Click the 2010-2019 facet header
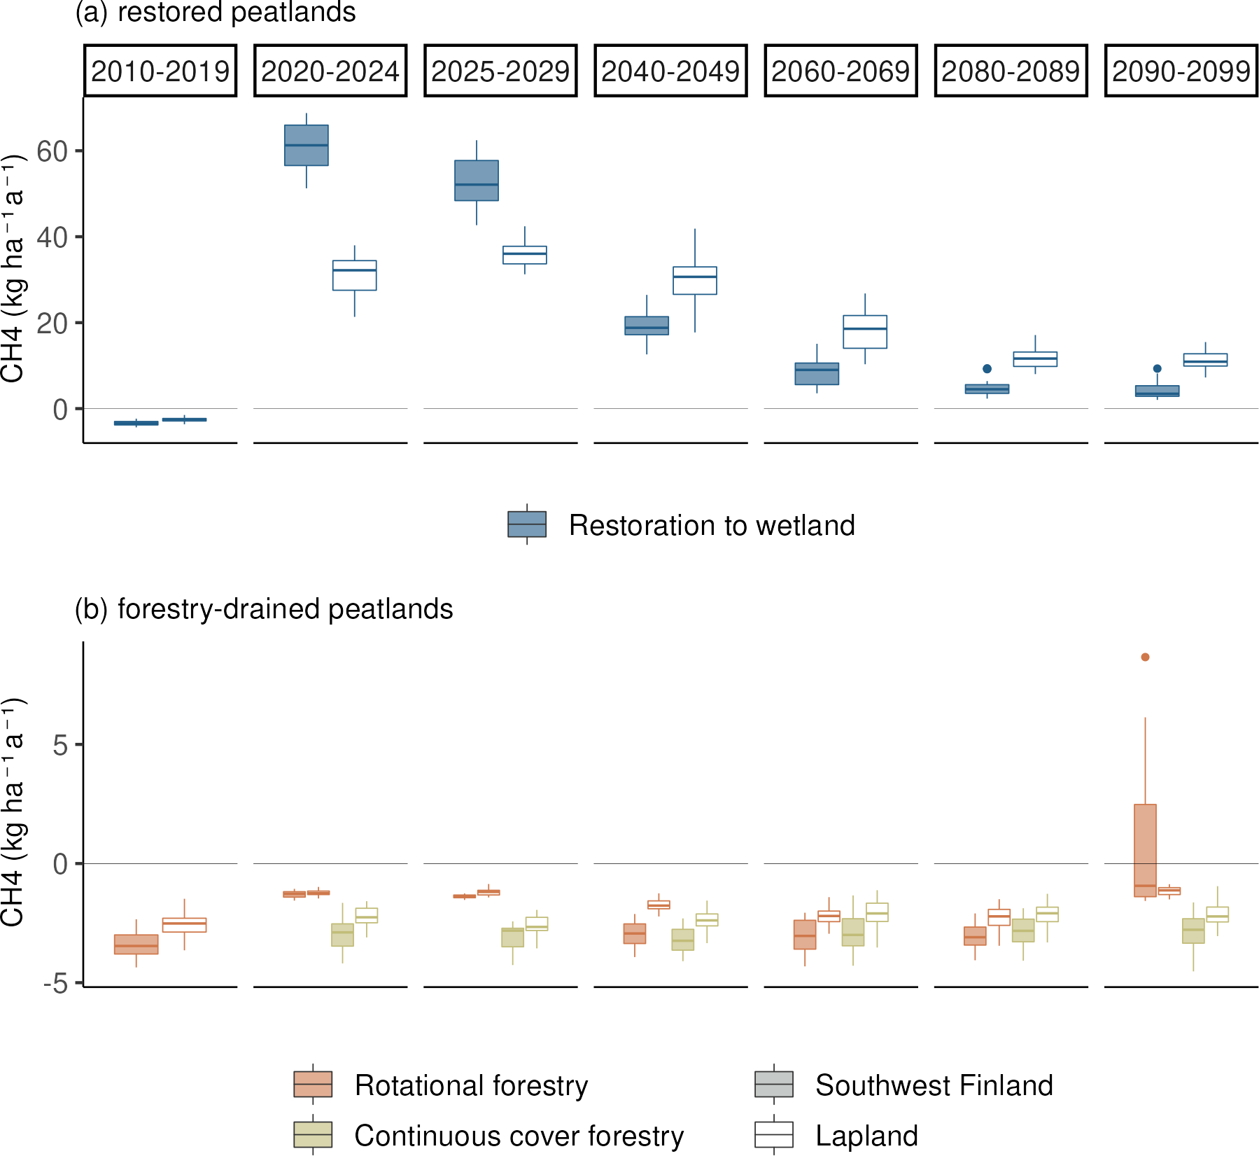(160, 71)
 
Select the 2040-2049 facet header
(670, 71)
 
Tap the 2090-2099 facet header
(1181, 71)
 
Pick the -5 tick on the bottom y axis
(56, 984)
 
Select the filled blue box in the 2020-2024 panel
(307, 145)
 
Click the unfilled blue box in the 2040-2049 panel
(695, 280)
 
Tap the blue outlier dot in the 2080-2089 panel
(987, 368)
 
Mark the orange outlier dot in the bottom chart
(1145, 657)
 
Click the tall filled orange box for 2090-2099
(1145, 850)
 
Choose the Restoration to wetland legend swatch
(527, 524)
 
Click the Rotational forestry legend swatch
(313, 1084)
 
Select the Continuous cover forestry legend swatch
(313, 1134)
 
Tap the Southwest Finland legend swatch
(774, 1084)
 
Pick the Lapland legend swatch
(774, 1134)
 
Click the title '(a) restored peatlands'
(216, 12)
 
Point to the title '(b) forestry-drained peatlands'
(264, 609)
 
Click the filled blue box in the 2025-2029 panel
(477, 181)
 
